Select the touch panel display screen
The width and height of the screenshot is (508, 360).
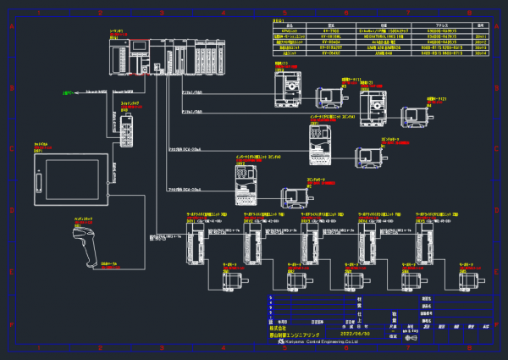73,180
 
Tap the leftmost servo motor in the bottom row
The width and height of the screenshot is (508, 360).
235,276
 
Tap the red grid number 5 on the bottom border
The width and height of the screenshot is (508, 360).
284,347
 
